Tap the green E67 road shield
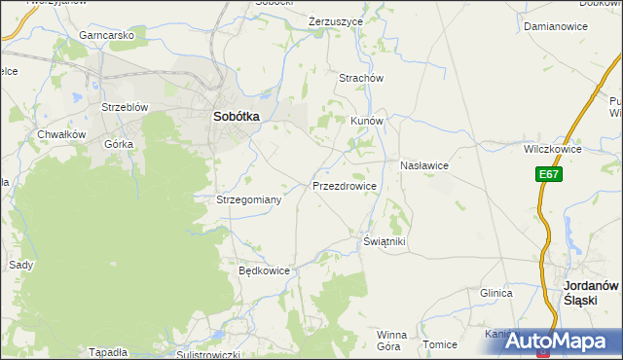[x=549, y=174]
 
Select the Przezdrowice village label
[x=345, y=185]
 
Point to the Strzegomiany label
[x=248, y=199]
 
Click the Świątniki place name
[x=384, y=240]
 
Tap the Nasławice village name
[x=422, y=165]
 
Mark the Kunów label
[x=368, y=122]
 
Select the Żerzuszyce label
[x=335, y=20]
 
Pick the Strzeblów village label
[x=124, y=107]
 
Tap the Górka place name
[x=118, y=143]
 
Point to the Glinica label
[x=495, y=292]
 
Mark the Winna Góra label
[x=390, y=340]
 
